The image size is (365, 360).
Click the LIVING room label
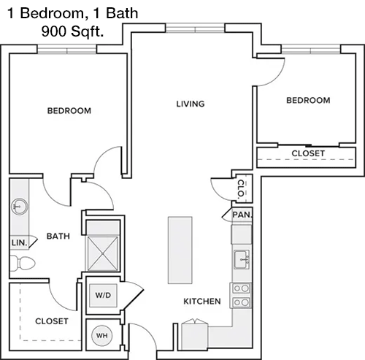(191, 104)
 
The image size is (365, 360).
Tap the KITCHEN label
(202, 302)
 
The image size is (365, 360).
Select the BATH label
(58, 236)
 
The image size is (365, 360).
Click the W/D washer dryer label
(103, 295)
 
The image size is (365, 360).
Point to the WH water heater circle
(101, 336)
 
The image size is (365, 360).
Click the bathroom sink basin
(20, 207)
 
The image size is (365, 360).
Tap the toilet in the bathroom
(23, 263)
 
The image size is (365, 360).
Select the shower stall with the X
(103, 253)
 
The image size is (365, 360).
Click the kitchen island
(180, 250)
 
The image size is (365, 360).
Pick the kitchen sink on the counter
(242, 259)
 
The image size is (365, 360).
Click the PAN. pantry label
(242, 215)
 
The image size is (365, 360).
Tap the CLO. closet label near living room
(241, 188)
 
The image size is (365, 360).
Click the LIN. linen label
(19, 242)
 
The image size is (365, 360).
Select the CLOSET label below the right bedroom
(308, 153)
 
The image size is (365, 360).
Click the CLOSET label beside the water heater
(52, 321)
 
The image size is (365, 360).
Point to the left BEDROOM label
(69, 111)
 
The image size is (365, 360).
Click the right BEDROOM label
(308, 100)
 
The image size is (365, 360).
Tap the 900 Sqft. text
(72, 31)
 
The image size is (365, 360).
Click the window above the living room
(195, 28)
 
